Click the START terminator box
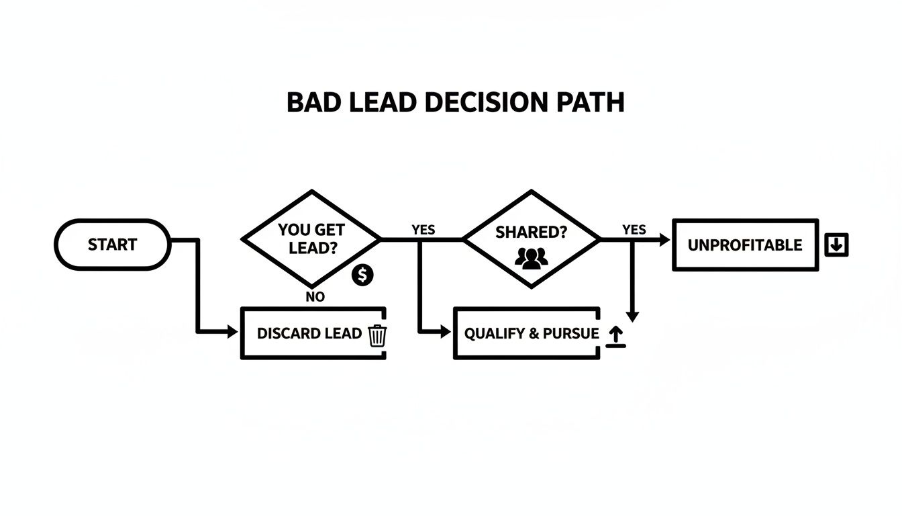pyautogui.click(x=112, y=245)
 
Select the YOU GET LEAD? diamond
pyautogui.click(x=310, y=239)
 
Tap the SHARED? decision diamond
pyautogui.click(x=531, y=239)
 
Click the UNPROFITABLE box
pyautogui.click(x=745, y=245)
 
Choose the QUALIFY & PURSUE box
pyautogui.click(x=526, y=333)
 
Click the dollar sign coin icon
pyautogui.click(x=363, y=274)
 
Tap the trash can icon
pyautogui.click(x=377, y=335)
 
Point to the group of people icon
pyautogui.click(x=531, y=257)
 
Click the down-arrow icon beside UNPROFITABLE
pyautogui.click(x=836, y=245)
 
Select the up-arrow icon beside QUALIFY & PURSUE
pyautogui.click(x=615, y=337)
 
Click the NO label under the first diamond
pyautogui.click(x=314, y=297)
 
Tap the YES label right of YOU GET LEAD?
pyautogui.click(x=423, y=230)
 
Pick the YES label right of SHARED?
pyautogui.click(x=634, y=230)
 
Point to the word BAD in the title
pyautogui.click(x=309, y=103)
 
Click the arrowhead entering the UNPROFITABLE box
pyautogui.click(x=665, y=239)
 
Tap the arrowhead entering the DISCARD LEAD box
pyautogui.click(x=233, y=332)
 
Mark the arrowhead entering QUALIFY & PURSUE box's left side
pyautogui.click(x=446, y=332)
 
